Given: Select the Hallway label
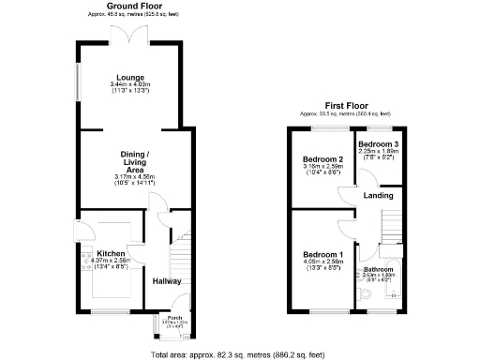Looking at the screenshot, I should [166, 280].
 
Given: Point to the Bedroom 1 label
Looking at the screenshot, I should [322, 254].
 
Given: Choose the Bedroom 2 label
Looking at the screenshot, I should [322, 159].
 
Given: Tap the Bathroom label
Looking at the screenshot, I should [378, 269].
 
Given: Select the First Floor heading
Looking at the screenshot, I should [345, 106].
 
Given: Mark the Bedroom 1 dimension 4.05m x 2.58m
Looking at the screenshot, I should [322, 262].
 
